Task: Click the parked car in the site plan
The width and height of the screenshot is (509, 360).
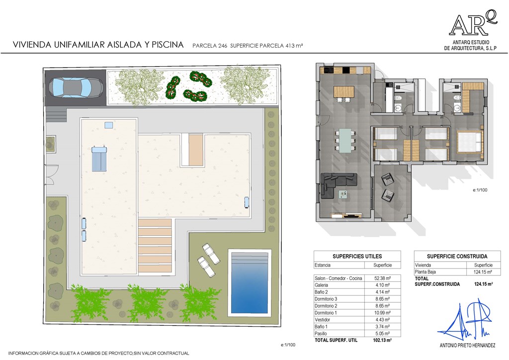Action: [76, 88]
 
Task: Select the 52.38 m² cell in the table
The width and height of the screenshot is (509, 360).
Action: [382, 278]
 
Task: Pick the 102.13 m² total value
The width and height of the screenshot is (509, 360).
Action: [382, 340]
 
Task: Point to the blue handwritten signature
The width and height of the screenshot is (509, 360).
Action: [465, 321]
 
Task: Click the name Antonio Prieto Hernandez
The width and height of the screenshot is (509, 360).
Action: [467, 346]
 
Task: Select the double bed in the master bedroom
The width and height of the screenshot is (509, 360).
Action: [469, 142]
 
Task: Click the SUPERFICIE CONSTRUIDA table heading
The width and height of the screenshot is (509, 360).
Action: [457, 256]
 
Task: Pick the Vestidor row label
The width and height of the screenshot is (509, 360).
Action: [322, 320]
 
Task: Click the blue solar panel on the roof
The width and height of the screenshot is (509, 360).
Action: [99, 159]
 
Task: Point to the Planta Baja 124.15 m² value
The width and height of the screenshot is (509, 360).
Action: [483, 272]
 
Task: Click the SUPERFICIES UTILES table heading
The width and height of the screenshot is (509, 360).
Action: [357, 256]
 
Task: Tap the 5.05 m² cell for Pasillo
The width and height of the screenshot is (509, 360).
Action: [382, 333]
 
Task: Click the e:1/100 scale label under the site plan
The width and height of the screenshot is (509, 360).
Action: [288, 345]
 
